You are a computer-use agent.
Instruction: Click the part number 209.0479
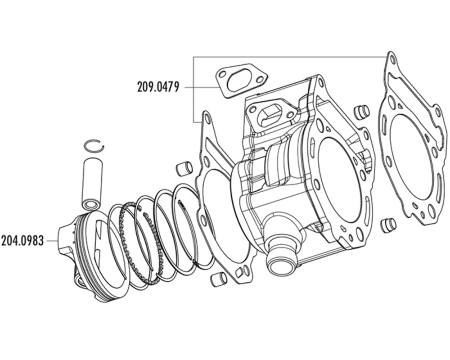157,87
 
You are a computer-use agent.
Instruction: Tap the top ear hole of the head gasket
392,58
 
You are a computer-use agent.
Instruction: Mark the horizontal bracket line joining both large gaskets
290,57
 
